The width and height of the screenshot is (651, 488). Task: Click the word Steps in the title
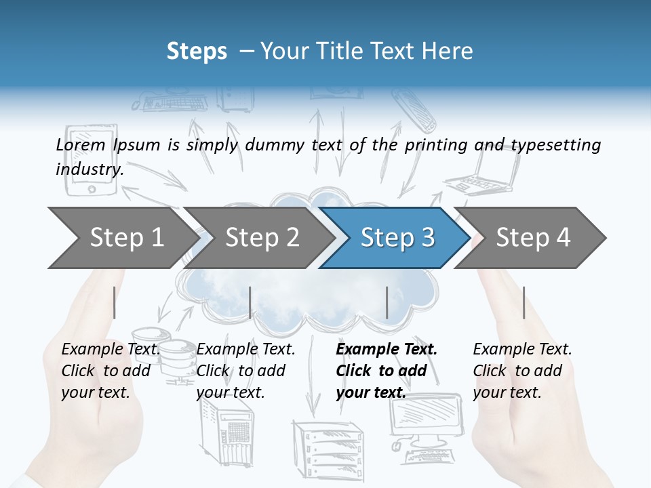[x=197, y=51]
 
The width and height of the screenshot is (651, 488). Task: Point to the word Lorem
[x=81, y=145]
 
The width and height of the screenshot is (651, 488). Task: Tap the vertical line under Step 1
[x=115, y=302]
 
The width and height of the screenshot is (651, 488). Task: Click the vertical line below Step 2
[x=250, y=302]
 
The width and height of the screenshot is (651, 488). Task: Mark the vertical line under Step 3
[x=387, y=302]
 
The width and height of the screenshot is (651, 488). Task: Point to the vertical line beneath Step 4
[x=524, y=302]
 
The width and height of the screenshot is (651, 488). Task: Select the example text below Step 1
[x=111, y=371]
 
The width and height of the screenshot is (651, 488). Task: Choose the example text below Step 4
[x=522, y=371]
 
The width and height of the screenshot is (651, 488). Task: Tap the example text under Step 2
[x=245, y=371]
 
